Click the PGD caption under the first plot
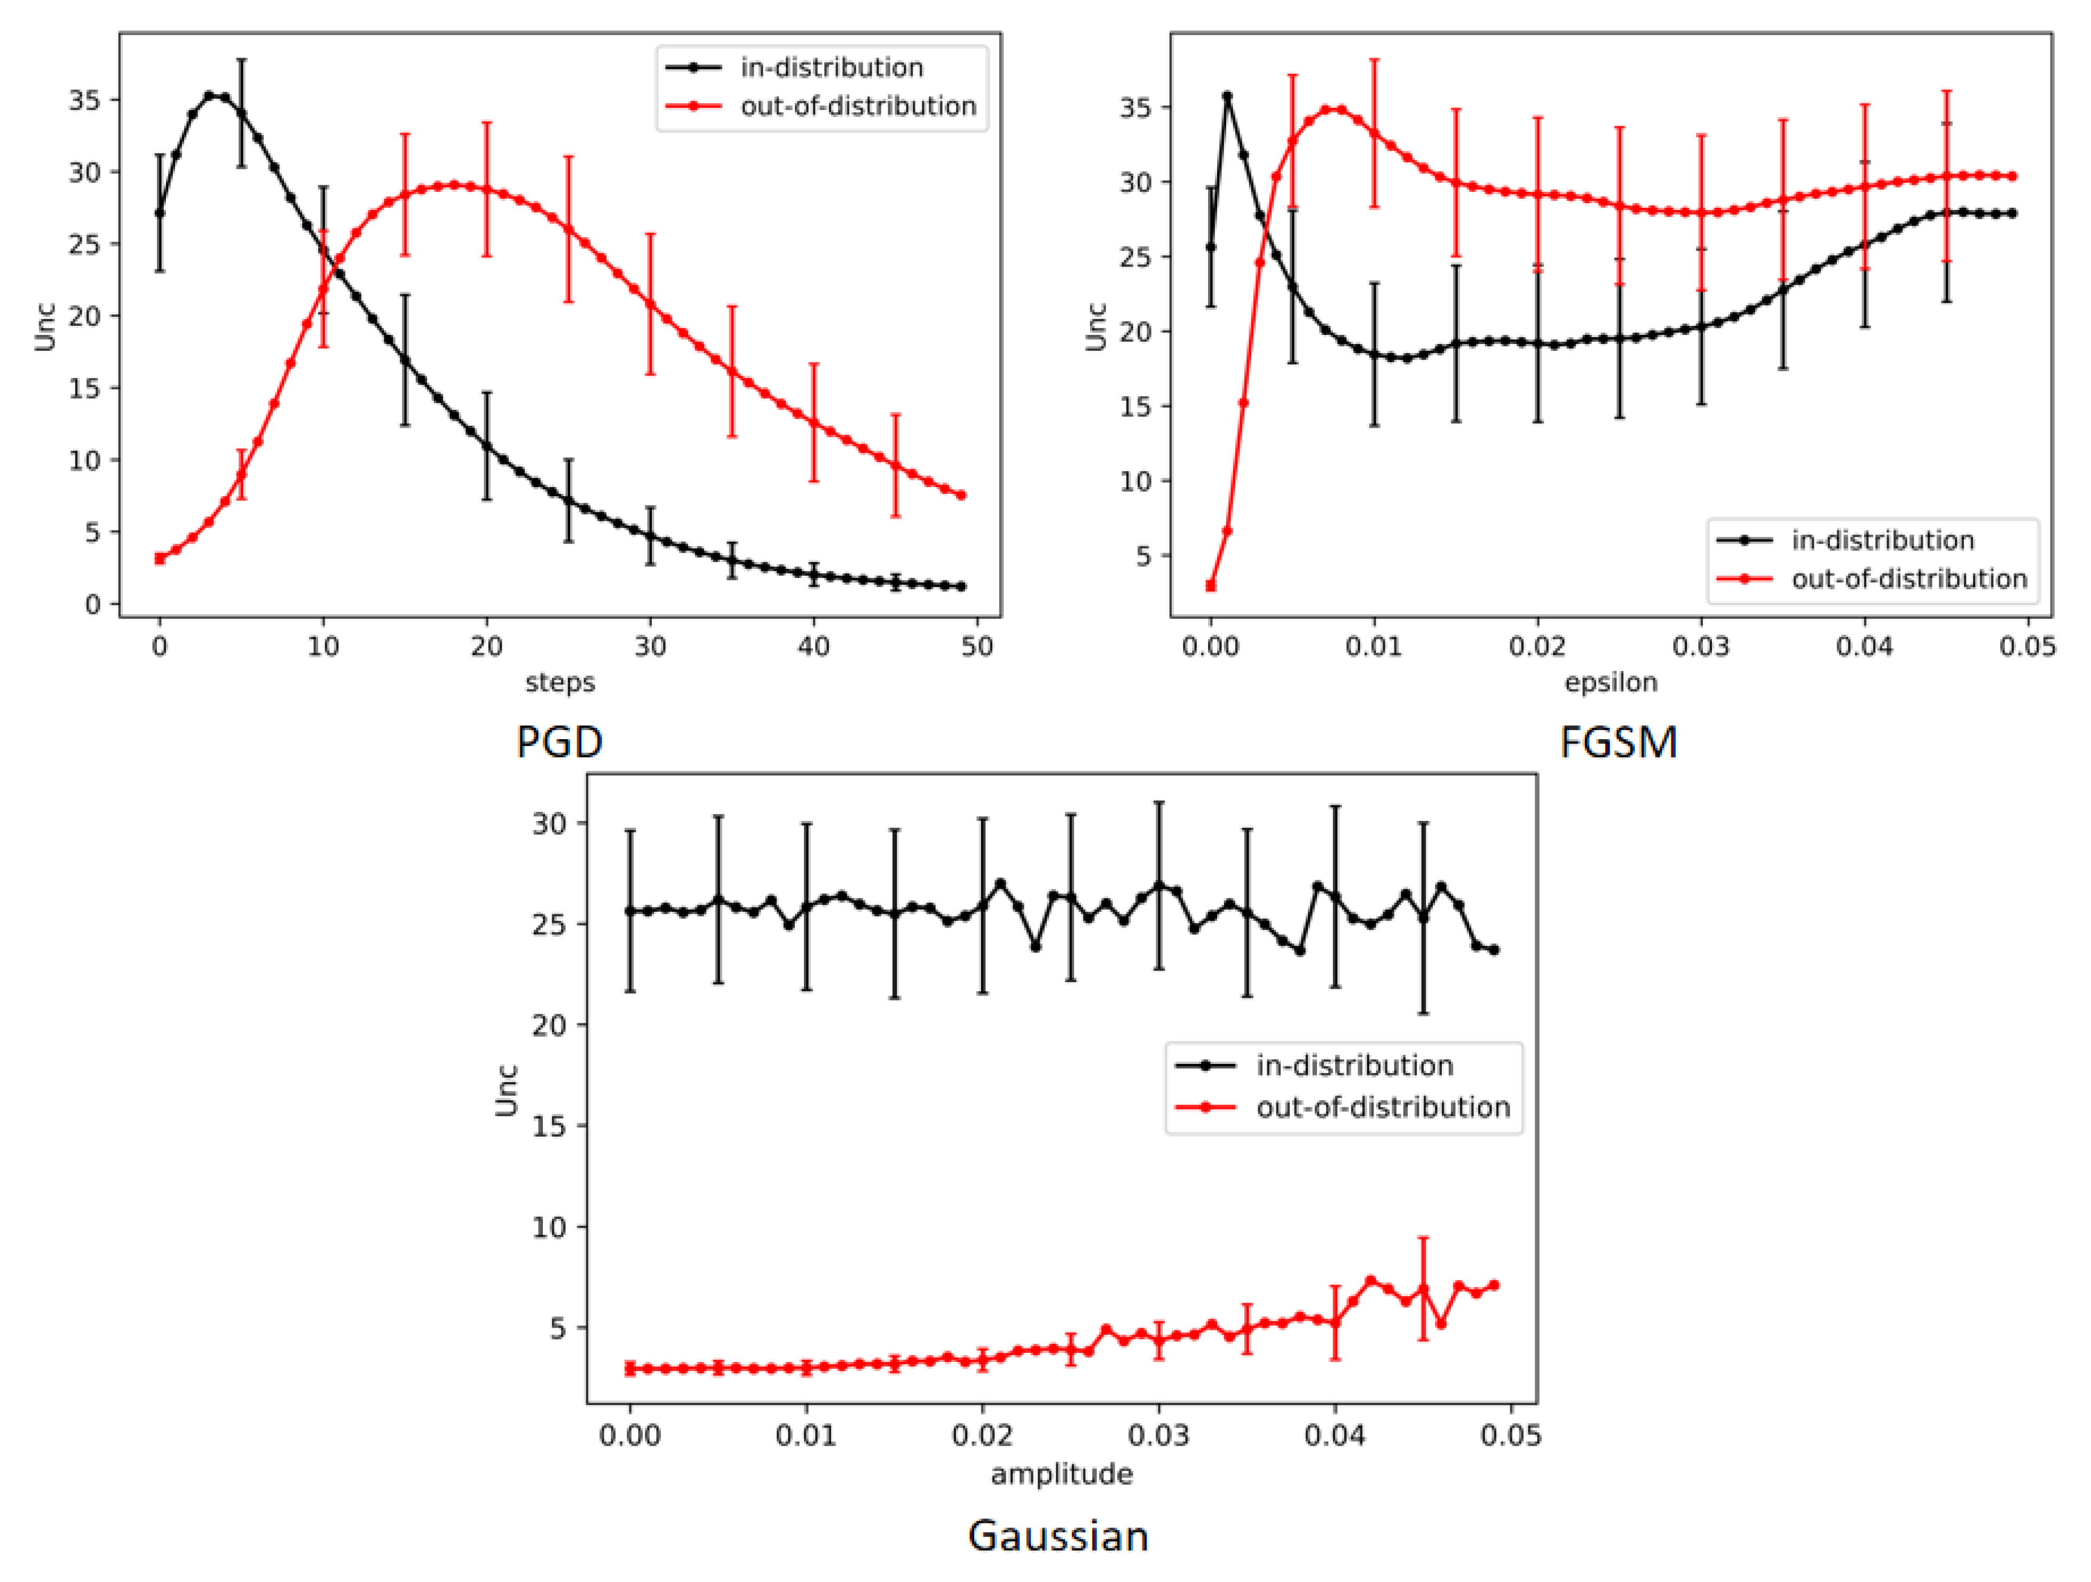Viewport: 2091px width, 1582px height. (559, 742)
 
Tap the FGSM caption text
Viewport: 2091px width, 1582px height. (1619, 742)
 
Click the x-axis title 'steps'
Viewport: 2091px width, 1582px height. (559, 683)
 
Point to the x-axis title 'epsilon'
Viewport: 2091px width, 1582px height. (1611, 683)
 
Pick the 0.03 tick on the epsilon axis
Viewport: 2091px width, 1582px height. (1701, 647)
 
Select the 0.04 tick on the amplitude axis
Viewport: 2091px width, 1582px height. (1335, 1436)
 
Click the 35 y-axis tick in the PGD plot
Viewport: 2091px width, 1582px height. (84, 100)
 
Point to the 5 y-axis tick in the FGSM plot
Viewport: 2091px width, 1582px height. (1144, 556)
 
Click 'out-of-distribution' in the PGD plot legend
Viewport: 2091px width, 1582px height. (857, 106)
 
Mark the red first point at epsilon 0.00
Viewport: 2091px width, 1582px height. (1211, 586)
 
